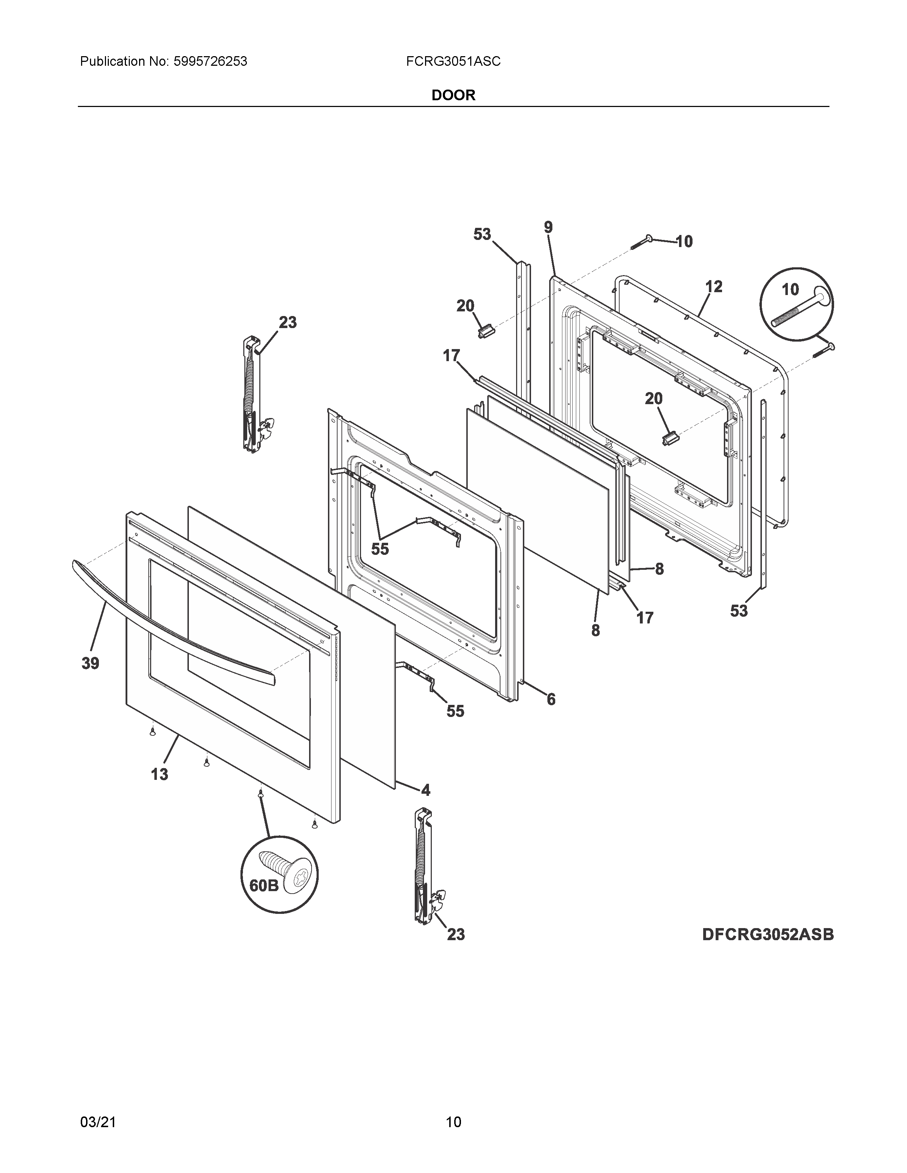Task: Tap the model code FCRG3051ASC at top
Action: (x=453, y=62)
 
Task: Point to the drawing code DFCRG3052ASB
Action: (x=767, y=934)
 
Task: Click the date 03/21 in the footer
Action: (x=98, y=1107)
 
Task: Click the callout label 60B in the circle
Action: (x=264, y=885)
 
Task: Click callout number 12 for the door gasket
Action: (x=714, y=287)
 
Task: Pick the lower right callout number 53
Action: (x=739, y=611)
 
